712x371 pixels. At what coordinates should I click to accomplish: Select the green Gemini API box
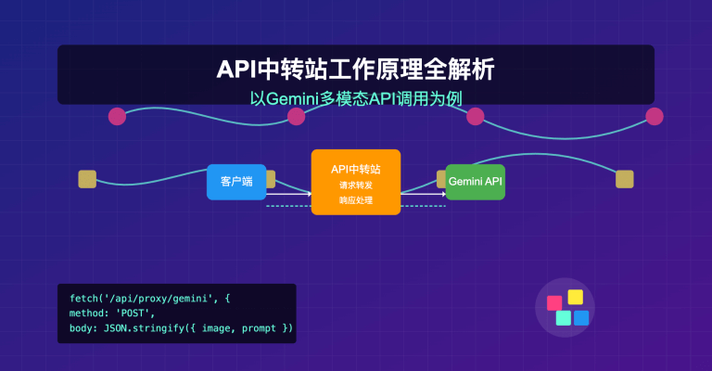coord(475,182)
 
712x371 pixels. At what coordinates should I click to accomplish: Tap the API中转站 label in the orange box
coord(356,170)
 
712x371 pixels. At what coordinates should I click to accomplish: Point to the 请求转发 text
coord(356,185)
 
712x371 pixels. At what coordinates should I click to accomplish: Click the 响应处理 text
coord(356,199)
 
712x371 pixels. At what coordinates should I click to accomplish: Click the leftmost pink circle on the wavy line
coord(117,116)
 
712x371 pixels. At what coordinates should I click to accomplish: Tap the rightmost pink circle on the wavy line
coord(655,116)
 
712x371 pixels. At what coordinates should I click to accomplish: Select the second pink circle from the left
coord(296,116)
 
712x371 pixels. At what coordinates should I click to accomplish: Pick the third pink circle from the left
coord(476,116)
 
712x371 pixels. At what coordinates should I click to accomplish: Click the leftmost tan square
coord(87,179)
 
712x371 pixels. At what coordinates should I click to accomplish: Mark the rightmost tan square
coord(625,179)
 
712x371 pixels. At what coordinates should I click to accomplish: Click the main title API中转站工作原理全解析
coord(356,70)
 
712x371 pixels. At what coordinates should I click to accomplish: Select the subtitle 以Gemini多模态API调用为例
coord(356,97)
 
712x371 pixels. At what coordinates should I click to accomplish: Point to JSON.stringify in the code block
coord(138,327)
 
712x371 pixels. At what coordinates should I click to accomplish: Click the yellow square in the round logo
coord(575,297)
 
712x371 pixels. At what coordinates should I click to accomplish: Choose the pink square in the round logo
coord(554,302)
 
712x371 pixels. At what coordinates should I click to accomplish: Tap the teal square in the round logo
coord(563,318)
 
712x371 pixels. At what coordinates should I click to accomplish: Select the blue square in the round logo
coord(581,318)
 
